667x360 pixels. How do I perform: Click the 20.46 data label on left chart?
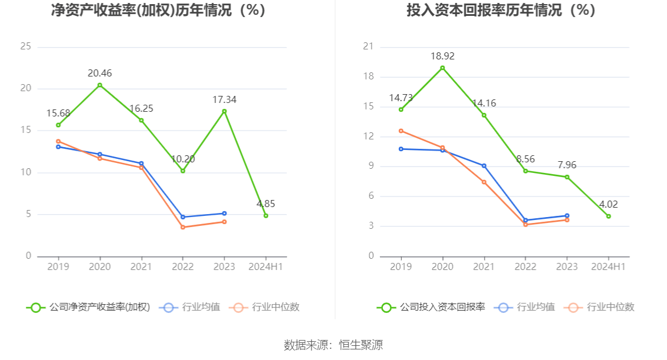[99, 74]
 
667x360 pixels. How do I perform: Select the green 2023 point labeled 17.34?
[224, 111]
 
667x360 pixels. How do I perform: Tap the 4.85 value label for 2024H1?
[266, 204]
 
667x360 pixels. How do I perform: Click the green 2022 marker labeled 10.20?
[183, 171]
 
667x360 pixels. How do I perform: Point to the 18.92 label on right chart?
[442, 56]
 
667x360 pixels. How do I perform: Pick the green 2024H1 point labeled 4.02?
[608, 216]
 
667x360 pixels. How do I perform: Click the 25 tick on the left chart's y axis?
[25, 46]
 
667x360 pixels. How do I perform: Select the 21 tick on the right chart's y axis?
[368, 46]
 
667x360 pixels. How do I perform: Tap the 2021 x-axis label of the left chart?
[141, 267]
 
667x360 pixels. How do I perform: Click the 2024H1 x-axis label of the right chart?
[608, 267]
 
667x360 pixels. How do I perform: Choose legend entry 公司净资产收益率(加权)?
[88, 307]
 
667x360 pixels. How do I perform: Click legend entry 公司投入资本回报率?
[431, 307]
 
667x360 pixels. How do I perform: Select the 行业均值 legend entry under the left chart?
[189, 307]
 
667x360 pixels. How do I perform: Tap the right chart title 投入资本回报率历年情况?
[501, 11]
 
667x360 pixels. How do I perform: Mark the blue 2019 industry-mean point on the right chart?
[401, 149]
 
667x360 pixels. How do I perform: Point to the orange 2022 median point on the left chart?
[183, 227]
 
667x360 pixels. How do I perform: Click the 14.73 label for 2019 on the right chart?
[401, 98]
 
